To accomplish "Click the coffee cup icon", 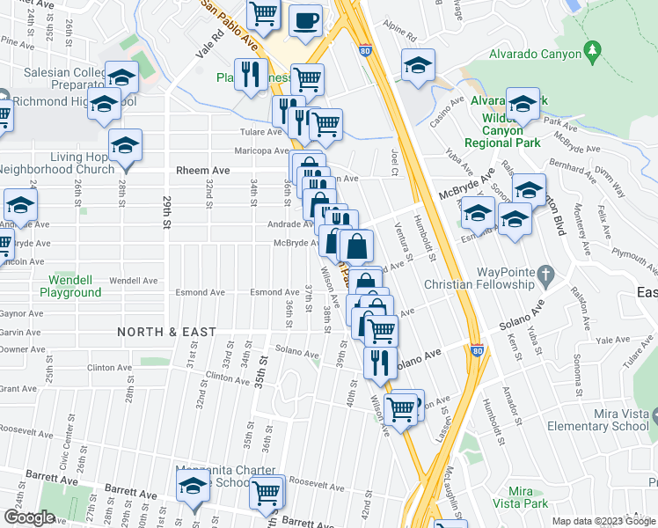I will click(305, 21).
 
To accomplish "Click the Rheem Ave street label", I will click(202, 170).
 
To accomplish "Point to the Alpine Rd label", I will click(399, 38).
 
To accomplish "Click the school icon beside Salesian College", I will click(122, 76).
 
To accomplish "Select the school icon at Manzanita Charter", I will click(191, 485).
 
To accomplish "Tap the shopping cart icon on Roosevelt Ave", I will click(266, 492).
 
